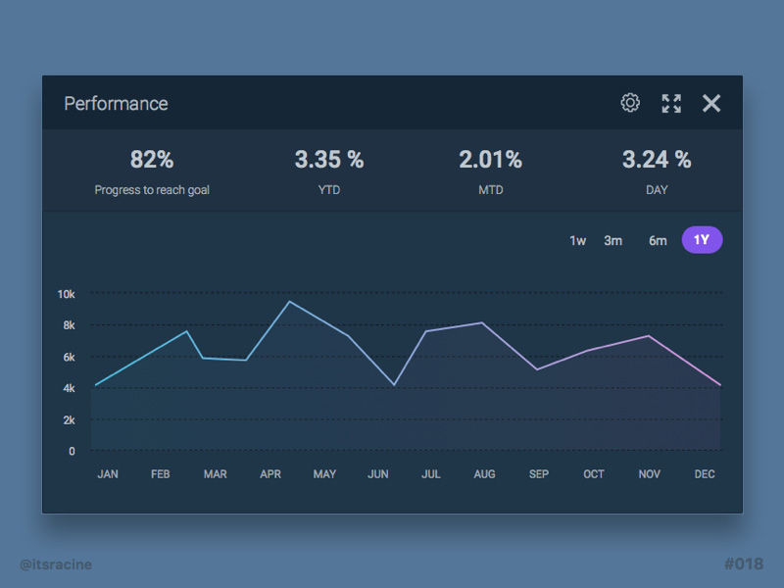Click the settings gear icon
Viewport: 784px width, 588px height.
click(630, 103)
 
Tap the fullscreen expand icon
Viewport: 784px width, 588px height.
click(671, 103)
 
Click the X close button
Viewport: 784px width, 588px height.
click(711, 103)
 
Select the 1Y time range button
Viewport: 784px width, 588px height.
click(702, 240)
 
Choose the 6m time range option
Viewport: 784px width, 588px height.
click(658, 240)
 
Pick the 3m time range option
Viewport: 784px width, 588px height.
click(612, 240)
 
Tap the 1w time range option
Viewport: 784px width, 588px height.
click(578, 240)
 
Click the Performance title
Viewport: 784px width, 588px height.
click(116, 103)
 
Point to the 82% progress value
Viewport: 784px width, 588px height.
click(152, 159)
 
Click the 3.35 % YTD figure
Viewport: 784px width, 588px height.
click(329, 159)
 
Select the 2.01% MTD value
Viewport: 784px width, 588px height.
click(491, 159)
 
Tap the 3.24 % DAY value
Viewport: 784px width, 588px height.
click(657, 159)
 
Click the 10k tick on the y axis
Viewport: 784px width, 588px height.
click(66, 294)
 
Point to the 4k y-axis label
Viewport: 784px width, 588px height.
click(69, 388)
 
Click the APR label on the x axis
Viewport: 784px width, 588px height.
click(270, 474)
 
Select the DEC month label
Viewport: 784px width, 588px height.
click(705, 474)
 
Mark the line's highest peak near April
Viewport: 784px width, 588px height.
click(289, 301)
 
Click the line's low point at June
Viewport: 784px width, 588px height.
click(395, 384)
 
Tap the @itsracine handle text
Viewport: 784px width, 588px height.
click(56, 563)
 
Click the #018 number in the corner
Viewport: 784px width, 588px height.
click(743, 563)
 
